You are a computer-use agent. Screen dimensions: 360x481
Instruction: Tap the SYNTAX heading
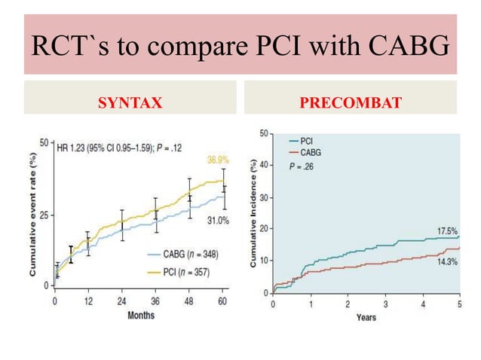coord(130,98)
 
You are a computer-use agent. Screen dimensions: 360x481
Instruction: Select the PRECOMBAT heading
coord(350,98)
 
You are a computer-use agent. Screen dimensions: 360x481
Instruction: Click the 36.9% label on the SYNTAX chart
coord(217,160)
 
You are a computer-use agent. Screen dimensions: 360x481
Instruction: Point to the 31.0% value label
coord(218,219)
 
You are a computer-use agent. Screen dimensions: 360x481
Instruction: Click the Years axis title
coord(366,317)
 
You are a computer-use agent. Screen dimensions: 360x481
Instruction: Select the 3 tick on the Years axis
coord(384,304)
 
